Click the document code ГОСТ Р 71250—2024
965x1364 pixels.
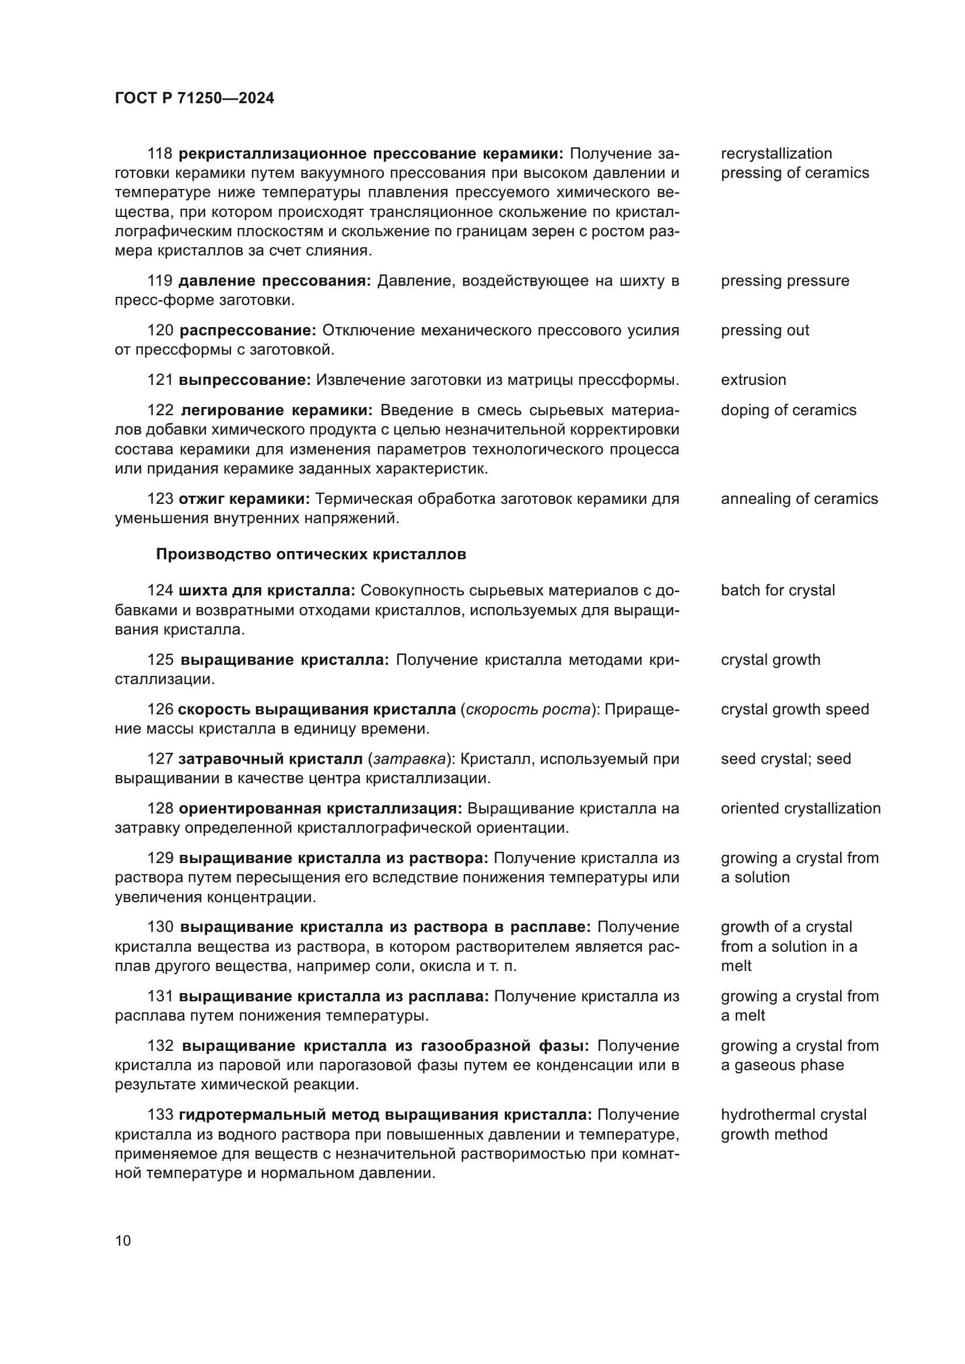point(194,99)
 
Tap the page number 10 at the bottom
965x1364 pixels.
point(123,1241)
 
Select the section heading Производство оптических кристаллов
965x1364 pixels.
point(311,554)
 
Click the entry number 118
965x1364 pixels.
point(160,153)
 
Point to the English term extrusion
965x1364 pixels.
point(753,380)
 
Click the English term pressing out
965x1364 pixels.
point(765,330)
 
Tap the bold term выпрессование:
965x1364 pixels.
point(245,380)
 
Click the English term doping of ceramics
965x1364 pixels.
point(789,410)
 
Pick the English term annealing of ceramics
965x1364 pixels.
point(799,499)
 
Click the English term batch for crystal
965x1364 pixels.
point(778,590)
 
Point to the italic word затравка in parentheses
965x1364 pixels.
point(410,759)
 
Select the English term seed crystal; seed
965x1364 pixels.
point(785,759)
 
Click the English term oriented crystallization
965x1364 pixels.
point(800,808)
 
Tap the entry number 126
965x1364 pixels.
point(160,709)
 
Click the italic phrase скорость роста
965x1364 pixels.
point(528,709)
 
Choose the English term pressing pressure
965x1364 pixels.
point(785,280)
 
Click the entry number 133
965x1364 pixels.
point(160,1114)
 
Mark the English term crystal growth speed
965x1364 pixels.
point(795,709)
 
